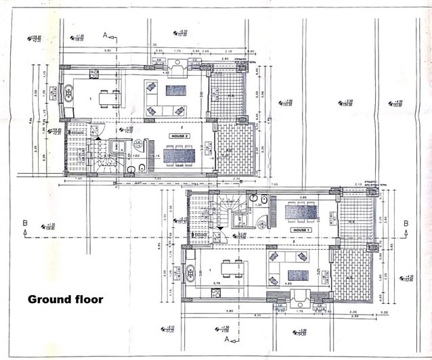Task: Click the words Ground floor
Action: (65, 298)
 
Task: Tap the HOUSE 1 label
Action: (300, 230)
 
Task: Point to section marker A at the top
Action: (105, 34)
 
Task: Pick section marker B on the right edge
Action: (406, 223)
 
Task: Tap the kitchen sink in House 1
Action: (188, 272)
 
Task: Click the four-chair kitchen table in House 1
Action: (228, 271)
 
